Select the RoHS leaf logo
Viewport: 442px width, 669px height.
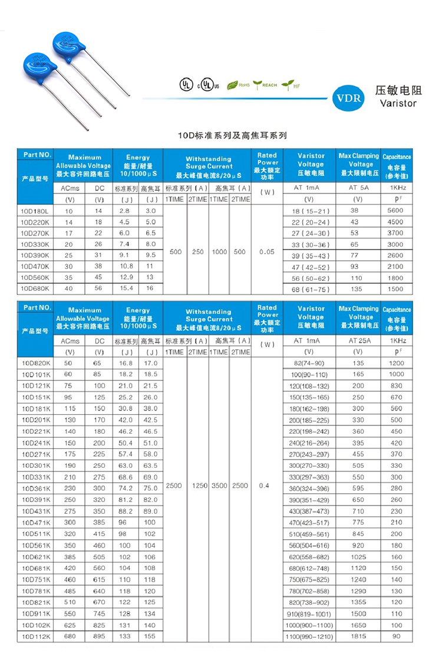tap(238, 85)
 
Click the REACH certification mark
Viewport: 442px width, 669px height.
tap(265, 84)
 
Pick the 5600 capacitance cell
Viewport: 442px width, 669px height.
tap(396, 211)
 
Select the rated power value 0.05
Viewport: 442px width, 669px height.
tap(267, 251)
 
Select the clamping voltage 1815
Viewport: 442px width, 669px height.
tap(358, 637)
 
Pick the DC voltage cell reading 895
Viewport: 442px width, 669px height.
tap(99, 637)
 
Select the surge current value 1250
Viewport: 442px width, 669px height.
tap(197, 486)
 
